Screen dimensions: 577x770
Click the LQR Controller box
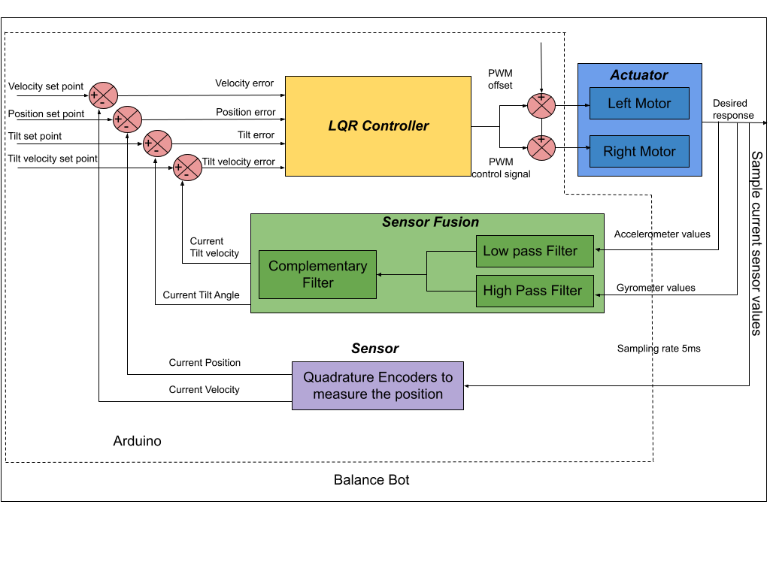[377, 126]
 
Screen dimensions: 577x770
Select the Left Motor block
[639, 104]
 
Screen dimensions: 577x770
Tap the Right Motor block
[639, 151]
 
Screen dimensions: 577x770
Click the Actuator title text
[639, 75]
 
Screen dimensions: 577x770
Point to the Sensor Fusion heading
[430, 222]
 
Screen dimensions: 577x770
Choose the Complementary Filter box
[317, 274]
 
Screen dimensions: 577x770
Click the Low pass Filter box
[534, 251]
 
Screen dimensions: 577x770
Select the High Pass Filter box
[534, 291]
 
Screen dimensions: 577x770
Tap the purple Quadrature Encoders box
[377, 385]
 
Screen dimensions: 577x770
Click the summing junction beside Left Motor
[541, 106]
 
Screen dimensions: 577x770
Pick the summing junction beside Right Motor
[541, 147]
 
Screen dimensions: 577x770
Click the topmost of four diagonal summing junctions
[104, 95]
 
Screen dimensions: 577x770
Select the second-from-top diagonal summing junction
[128, 119]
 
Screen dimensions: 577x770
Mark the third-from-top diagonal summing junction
[158, 143]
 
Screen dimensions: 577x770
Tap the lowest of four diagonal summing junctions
[188, 168]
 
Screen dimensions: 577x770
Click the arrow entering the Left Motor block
[584, 105]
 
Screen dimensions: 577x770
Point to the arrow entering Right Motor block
[584, 148]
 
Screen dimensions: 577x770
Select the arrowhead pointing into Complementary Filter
[380, 275]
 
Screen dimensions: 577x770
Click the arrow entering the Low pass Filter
[599, 249]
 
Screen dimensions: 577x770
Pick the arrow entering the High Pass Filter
[599, 295]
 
